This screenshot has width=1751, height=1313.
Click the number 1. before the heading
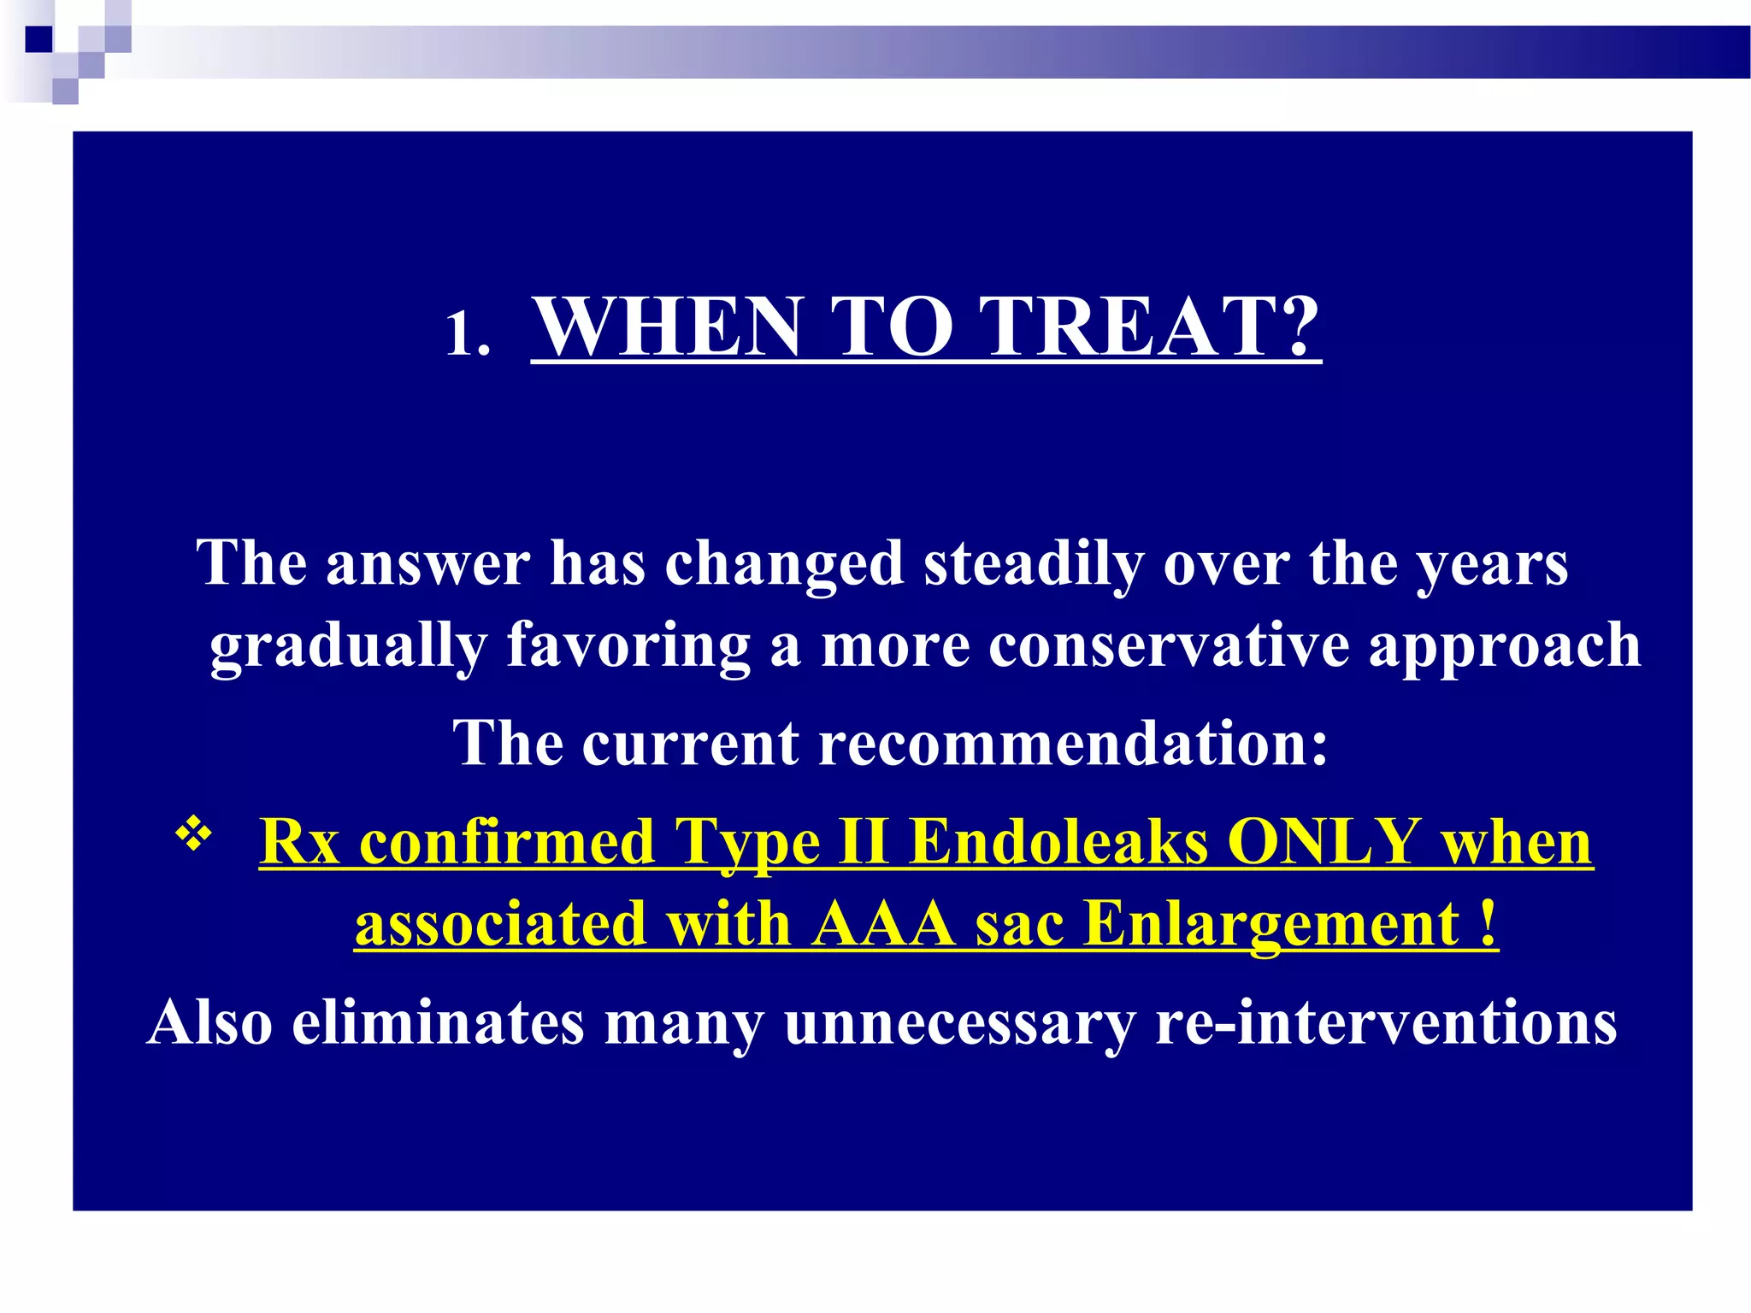(468, 333)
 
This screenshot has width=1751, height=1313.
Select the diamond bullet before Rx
(194, 833)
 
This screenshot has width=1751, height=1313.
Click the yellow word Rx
(299, 843)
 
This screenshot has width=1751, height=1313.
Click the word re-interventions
(1385, 1022)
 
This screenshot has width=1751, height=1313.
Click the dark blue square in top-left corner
(39, 39)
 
